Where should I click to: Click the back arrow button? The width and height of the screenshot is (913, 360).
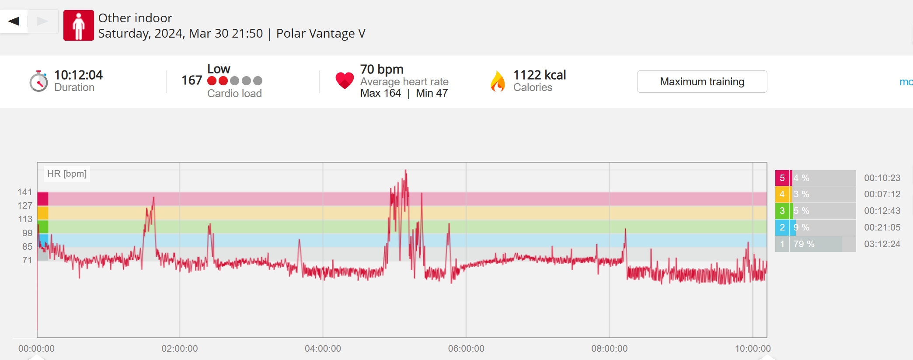[x=14, y=21]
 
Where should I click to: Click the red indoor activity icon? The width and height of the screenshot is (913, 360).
[x=79, y=25]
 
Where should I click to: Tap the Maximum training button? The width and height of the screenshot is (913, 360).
[x=702, y=82]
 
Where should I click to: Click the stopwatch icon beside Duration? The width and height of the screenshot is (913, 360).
[x=39, y=81]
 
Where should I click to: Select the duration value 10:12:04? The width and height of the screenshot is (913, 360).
[x=78, y=75]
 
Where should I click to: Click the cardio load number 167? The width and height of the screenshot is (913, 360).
[x=192, y=80]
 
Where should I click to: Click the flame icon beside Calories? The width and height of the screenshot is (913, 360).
[x=498, y=81]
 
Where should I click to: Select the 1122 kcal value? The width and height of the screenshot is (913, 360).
[x=540, y=75]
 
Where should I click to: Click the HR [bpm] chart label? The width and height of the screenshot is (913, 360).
[x=67, y=174]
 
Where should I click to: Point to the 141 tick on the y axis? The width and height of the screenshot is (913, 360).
[x=25, y=192]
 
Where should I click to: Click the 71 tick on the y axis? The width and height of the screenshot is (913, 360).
[x=27, y=260]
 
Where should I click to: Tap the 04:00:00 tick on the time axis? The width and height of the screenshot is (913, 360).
[x=323, y=349]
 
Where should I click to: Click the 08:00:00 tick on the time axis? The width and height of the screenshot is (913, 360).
[x=609, y=349]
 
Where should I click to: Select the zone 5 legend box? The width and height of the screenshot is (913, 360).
[x=782, y=178]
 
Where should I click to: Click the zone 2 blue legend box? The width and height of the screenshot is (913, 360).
[x=782, y=227]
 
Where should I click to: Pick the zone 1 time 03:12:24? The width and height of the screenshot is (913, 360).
[x=882, y=244]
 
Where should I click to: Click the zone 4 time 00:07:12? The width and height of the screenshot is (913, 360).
[x=882, y=194]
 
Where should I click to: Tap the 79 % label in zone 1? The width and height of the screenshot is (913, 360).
[x=804, y=244]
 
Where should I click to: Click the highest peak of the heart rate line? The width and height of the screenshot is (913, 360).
[x=406, y=170]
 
